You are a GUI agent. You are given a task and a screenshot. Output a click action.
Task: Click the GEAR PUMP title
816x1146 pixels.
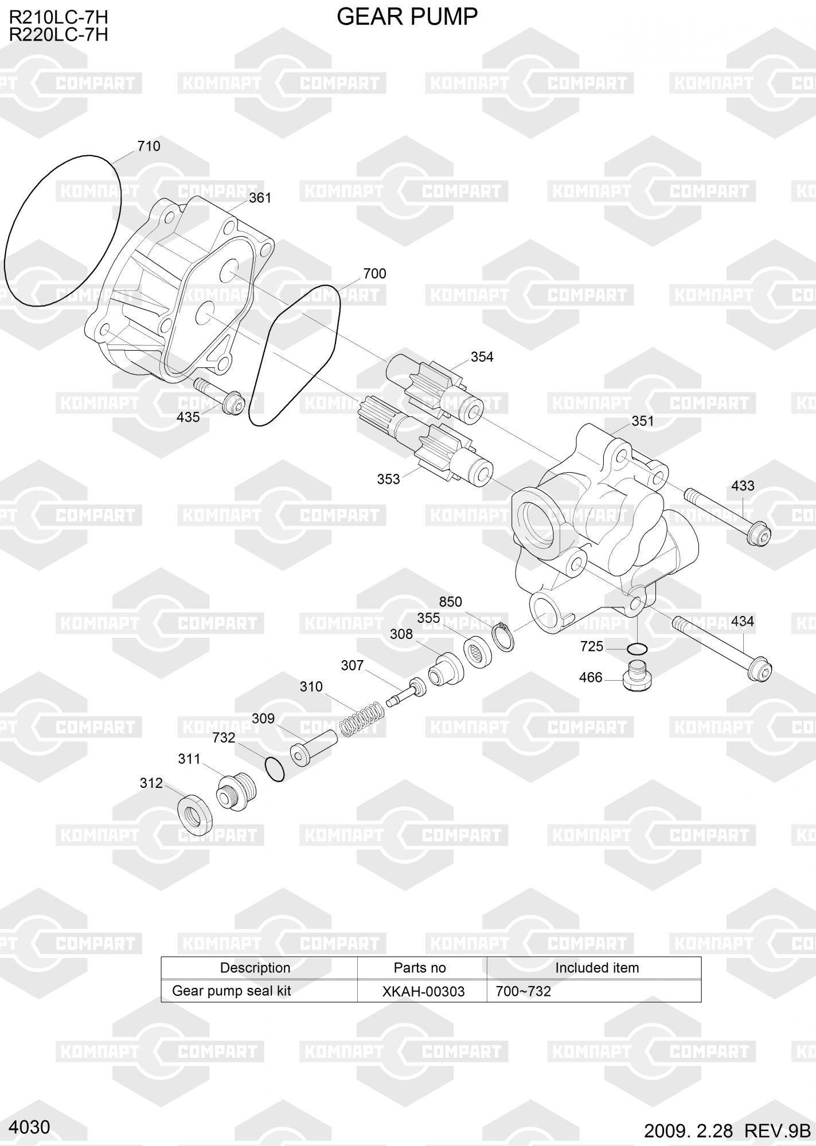407,17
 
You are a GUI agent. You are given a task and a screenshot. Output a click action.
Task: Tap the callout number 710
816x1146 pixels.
149,146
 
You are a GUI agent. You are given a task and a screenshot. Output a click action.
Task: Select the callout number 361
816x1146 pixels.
260,198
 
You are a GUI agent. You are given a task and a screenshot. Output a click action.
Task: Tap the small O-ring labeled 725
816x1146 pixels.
637,649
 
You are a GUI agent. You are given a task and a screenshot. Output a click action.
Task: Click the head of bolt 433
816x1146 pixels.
760,535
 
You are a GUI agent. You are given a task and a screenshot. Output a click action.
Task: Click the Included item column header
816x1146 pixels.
596,968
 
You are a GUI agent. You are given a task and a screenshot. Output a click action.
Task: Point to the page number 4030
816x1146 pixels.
30,1127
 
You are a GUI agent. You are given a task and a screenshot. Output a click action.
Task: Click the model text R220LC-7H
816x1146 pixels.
58,35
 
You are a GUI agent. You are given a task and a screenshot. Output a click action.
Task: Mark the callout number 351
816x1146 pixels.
642,421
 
